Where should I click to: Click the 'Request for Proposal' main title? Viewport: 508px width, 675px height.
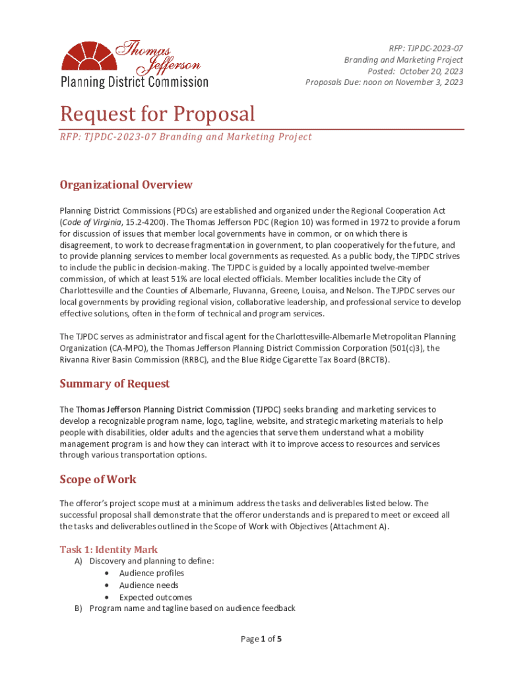point(157,114)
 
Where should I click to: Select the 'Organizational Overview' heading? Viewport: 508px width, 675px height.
point(126,185)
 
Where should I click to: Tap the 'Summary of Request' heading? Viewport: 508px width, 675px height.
point(114,384)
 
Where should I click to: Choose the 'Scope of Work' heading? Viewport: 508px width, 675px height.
point(98,479)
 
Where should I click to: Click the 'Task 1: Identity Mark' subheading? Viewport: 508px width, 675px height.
point(109,549)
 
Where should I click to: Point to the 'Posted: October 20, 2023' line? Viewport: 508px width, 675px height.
point(415,71)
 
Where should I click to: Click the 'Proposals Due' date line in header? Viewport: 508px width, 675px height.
point(384,82)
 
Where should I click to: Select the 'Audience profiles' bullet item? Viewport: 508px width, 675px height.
point(151,573)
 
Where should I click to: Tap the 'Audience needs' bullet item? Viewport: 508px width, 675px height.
point(148,585)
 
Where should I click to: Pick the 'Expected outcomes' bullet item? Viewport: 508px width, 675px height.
point(156,597)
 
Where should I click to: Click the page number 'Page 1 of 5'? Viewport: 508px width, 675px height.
point(262,639)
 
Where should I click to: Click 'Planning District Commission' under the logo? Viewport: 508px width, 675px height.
point(134,82)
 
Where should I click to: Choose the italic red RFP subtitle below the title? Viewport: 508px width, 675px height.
point(185,137)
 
